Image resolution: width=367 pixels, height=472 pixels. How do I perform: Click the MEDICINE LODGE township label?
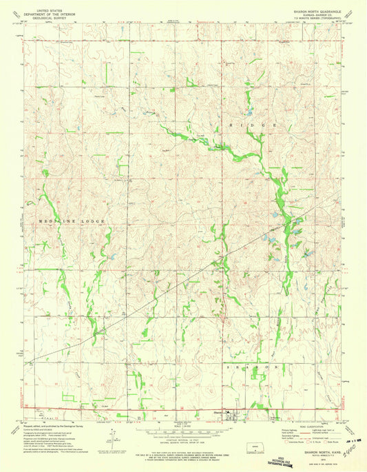66,220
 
